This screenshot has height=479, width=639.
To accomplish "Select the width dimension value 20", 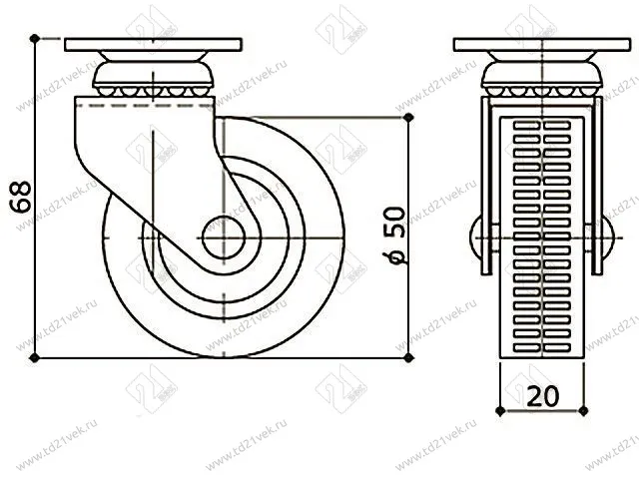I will point(541,395).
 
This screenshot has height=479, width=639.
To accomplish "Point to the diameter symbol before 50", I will point(394,256).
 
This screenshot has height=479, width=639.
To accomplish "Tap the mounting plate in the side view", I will point(154,45).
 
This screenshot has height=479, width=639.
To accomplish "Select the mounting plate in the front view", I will point(541,45).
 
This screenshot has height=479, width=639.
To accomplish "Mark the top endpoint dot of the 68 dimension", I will point(35,38).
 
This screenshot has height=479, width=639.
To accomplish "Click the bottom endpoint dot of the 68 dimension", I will point(35,357).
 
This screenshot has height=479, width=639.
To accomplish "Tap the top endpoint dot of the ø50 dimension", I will point(408,117).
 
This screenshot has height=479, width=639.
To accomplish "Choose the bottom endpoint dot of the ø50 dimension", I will point(408,357).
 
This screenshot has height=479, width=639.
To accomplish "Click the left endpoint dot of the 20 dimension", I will point(498,408).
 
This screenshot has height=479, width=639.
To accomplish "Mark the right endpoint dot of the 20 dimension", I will point(584,408).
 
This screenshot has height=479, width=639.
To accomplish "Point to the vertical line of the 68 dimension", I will point(35,279).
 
